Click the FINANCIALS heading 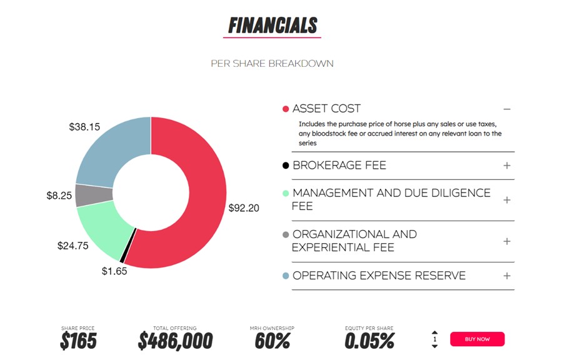coord(273,26)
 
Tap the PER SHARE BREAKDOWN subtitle coord(272,63)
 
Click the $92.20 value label coord(243,208)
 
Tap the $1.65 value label coord(114,271)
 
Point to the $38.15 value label coord(84,127)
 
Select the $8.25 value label coord(59,196)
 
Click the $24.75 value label coord(73,246)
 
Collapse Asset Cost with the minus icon coord(507,109)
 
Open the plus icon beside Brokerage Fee coord(507,166)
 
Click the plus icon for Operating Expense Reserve coord(507,276)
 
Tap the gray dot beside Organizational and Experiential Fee coord(286,234)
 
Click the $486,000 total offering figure coord(175,341)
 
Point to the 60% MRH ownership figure coord(272,341)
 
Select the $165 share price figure coord(78,341)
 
